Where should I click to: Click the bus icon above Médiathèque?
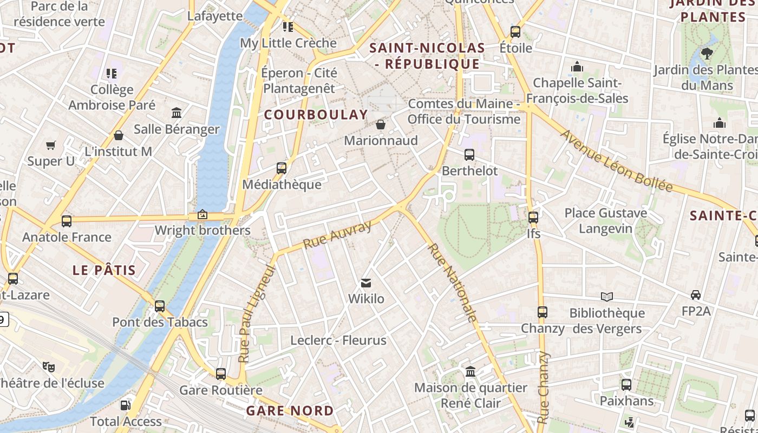[x=281, y=168]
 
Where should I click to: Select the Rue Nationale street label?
[x=453, y=283]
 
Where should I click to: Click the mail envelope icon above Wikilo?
[x=366, y=283]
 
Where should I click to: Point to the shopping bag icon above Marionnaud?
[x=381, y=124]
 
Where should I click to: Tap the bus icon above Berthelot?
[x=469, y=154]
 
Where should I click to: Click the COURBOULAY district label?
[x=316, y=115]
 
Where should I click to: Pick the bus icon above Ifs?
[x=533, y=218]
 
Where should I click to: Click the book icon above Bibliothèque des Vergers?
[x=607, y=297]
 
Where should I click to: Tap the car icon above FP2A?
[x=696, y=295]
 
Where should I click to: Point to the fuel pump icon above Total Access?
[x=125, y=405]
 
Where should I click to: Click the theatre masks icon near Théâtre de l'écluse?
[x=49, y=366]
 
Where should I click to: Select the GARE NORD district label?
[x=290, y=411]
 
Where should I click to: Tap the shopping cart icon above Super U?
[x=51, y=145]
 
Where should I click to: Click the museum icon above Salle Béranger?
[x=177, y=113]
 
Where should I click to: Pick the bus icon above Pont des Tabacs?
[x=160, y=306]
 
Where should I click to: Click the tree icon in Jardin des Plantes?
[x=707, y=53]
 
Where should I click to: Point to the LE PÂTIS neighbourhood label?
[x=104, y=270]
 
